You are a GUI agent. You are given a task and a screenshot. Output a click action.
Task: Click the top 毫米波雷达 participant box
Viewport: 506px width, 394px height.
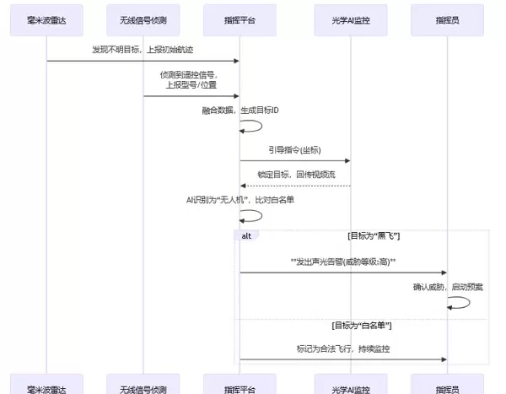(x=46, y=18)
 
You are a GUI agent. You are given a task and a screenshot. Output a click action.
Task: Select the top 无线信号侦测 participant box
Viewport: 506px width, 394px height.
(x=143, y=18)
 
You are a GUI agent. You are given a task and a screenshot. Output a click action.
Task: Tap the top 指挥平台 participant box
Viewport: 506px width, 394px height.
(x=240, y=18)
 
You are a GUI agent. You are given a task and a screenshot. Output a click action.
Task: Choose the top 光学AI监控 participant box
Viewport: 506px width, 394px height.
(x=350, y=18)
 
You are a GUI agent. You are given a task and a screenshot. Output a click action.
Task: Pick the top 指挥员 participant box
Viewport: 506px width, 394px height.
(x=446, y=18)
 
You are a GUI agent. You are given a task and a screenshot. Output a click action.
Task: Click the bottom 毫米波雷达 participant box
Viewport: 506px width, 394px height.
(x=46, y=387)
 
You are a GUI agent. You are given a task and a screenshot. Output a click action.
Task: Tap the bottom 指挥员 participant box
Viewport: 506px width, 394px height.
(x=446, y=387)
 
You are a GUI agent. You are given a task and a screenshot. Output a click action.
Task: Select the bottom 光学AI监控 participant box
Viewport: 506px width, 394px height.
(x=350, y=387)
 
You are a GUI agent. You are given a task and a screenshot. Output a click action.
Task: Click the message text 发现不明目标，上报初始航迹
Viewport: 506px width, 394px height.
(x=143, y=50)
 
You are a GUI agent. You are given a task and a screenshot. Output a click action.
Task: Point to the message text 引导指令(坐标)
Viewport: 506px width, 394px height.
(x=294, y=150)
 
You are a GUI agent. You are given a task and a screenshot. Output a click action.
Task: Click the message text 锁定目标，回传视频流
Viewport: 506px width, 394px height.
(x=294, y=175)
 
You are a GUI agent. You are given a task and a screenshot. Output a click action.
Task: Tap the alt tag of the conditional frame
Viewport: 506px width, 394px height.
(x=246, y=235)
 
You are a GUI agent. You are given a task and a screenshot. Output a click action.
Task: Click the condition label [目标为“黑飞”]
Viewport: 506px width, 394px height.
(x=373, y=235)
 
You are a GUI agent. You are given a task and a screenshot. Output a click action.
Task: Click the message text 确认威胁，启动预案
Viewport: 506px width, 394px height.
(x=448, y=287)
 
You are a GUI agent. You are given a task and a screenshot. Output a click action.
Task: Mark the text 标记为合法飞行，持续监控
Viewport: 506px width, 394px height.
(x=342, y=348)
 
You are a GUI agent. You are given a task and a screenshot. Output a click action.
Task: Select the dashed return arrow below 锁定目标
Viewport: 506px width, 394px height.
(x=294, y=186)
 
